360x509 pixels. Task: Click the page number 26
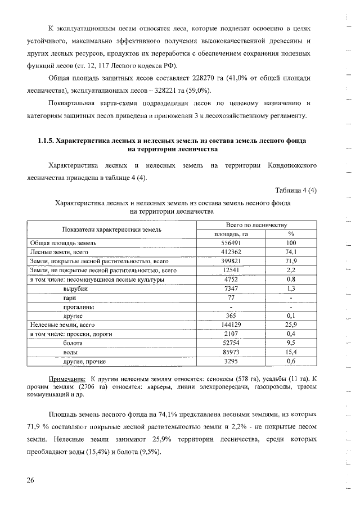pyautogui.click(x=30, y=480)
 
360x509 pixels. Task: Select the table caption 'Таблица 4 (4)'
pyautogui.click(x=296, y=190)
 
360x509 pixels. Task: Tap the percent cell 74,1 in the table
pyautogui.click(x=291, y=253)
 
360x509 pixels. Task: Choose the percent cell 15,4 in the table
pyautogui.click(x=291, y=352)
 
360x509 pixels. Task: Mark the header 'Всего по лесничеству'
pyautogui.click(x=256, y=224)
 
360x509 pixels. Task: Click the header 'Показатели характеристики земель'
pyautogui.click(x=112, y=229)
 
